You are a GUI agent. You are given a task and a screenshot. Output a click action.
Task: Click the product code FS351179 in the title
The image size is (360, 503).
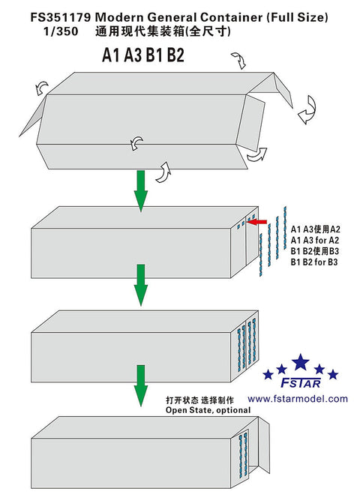pos(61,17)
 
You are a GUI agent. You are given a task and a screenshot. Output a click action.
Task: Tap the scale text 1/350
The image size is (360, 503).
pos(61,31)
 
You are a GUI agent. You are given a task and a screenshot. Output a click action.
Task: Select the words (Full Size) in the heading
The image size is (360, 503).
pos(297,17)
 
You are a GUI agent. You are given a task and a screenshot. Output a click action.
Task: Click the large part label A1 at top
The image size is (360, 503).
pos(111,55)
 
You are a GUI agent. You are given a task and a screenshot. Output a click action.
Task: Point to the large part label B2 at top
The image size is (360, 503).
pos(175,55)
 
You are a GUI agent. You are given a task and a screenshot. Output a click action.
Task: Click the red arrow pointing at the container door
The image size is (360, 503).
pos(257,222)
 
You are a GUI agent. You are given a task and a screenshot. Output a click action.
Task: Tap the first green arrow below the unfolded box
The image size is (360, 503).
pos(141,191)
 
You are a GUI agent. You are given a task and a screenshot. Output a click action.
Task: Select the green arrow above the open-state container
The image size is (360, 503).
pos(141,385)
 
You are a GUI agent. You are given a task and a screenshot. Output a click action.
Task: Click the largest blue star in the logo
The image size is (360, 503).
pos(300,362)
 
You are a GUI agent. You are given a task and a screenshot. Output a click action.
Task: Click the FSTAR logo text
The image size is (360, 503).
pos(301,383)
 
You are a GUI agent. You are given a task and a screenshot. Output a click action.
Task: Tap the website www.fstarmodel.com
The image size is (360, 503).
pos(298,399)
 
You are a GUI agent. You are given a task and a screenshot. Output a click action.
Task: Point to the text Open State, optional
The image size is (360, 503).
pos(208,410)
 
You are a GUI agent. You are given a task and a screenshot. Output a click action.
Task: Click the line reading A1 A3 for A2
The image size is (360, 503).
pos(315,241)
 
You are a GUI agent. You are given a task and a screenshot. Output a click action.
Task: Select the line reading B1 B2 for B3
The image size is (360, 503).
pos(314,262)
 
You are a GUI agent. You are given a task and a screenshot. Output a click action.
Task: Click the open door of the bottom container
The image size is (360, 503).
pos(264,445)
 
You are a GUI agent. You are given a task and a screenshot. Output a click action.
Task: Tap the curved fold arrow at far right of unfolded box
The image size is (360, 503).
pos(307,109)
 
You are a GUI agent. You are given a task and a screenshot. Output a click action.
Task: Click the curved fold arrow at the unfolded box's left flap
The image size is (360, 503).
pos(42,88)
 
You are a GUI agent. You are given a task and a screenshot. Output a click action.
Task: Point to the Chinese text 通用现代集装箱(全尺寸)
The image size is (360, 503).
pos(163,31)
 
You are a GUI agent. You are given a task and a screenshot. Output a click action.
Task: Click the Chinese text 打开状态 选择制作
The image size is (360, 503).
pos(199,400)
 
